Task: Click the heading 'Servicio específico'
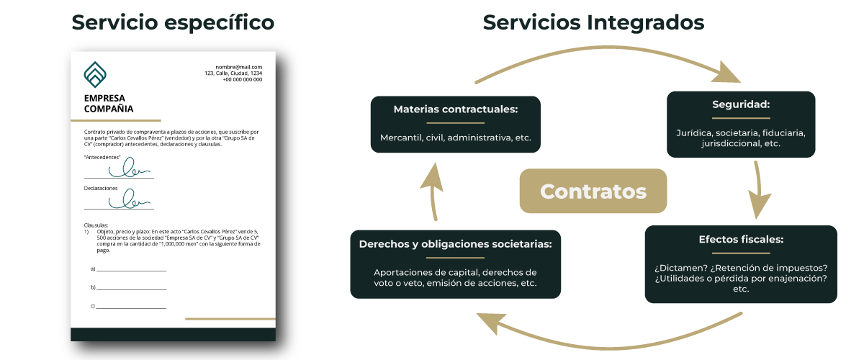173,23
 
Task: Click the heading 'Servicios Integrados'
593,23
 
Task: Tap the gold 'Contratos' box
593,192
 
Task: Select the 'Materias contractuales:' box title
456,109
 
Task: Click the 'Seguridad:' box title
741,104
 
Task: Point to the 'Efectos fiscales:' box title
741,239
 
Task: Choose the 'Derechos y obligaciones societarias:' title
456,244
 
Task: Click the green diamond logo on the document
95,73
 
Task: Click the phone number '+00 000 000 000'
242,80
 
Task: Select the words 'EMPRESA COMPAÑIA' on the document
108,104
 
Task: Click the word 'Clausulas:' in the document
96,225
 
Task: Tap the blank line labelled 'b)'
132,287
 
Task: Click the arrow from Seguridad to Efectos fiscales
760,190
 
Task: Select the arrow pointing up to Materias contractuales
432,190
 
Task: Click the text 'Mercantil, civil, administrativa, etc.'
456,138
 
